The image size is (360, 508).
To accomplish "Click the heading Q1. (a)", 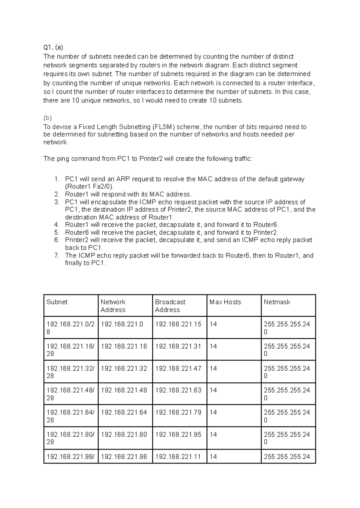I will click(x=53, y=47).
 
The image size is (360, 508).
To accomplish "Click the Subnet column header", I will click(x=57, y=302).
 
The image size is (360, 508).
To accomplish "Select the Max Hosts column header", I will click(x=225, y=302).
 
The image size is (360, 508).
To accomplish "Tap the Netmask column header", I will click(x=277, y=302).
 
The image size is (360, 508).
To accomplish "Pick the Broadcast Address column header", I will click(x=170, y=306).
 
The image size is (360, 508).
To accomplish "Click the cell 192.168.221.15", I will click(x=178, y=324).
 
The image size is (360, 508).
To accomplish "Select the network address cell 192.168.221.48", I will click(x=124, y=390).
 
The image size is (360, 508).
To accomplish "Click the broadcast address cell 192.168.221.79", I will click(x=178, y=412).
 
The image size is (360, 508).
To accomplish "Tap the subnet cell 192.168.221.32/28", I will click(x=70, y=372).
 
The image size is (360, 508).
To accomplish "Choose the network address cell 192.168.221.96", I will click(x=124, y=457).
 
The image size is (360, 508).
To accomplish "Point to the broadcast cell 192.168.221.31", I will click(x=178, y=346).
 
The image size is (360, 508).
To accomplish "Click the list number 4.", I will click(x=57, y=225).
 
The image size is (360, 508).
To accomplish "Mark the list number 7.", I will click(x=57, y=255).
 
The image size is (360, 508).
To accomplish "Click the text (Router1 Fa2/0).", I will click(x=89, y=187).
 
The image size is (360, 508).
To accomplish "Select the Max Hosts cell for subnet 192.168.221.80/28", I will click(x=213, y=435).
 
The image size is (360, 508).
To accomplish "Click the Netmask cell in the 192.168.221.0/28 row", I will click(x=286, y=328).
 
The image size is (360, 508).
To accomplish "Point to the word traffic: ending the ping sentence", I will click(x=243, y=159).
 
